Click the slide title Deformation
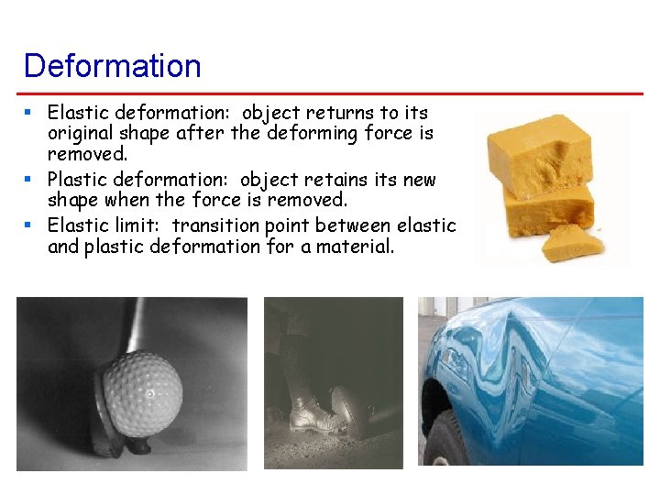click(112, 66)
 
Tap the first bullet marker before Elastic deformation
click(29, 112)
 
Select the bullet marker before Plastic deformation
click(29, 179)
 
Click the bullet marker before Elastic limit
click(29, 225)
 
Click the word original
click(84, 135)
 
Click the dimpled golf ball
click(141, 393)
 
